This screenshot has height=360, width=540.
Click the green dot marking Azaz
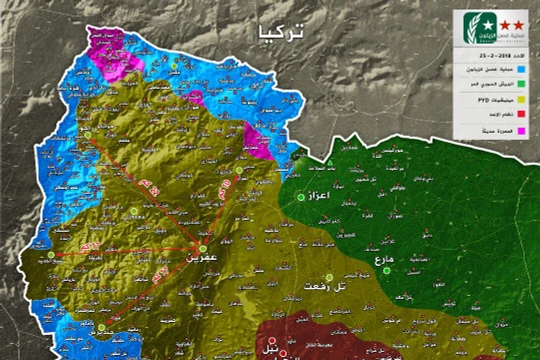pos(300,196)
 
